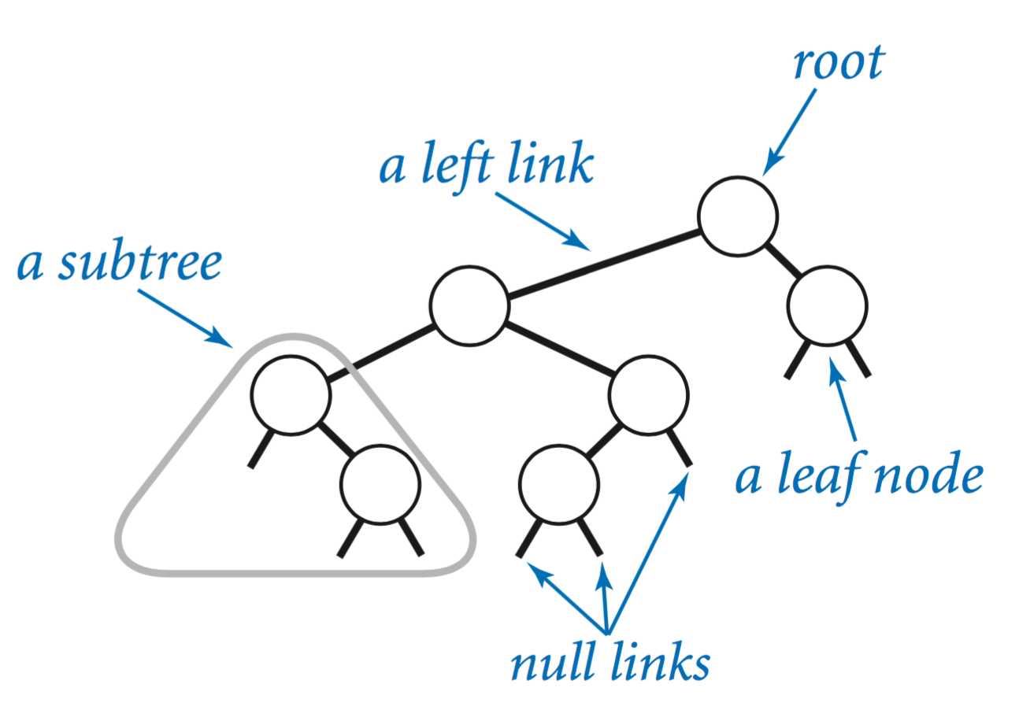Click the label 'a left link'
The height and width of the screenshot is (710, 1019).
(x=485, y=166)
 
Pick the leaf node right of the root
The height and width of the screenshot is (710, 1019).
(x=827, y=307)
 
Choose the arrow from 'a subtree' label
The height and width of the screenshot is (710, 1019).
(x=185, y=317)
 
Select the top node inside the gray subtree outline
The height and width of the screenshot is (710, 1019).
(x=291, y=394)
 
